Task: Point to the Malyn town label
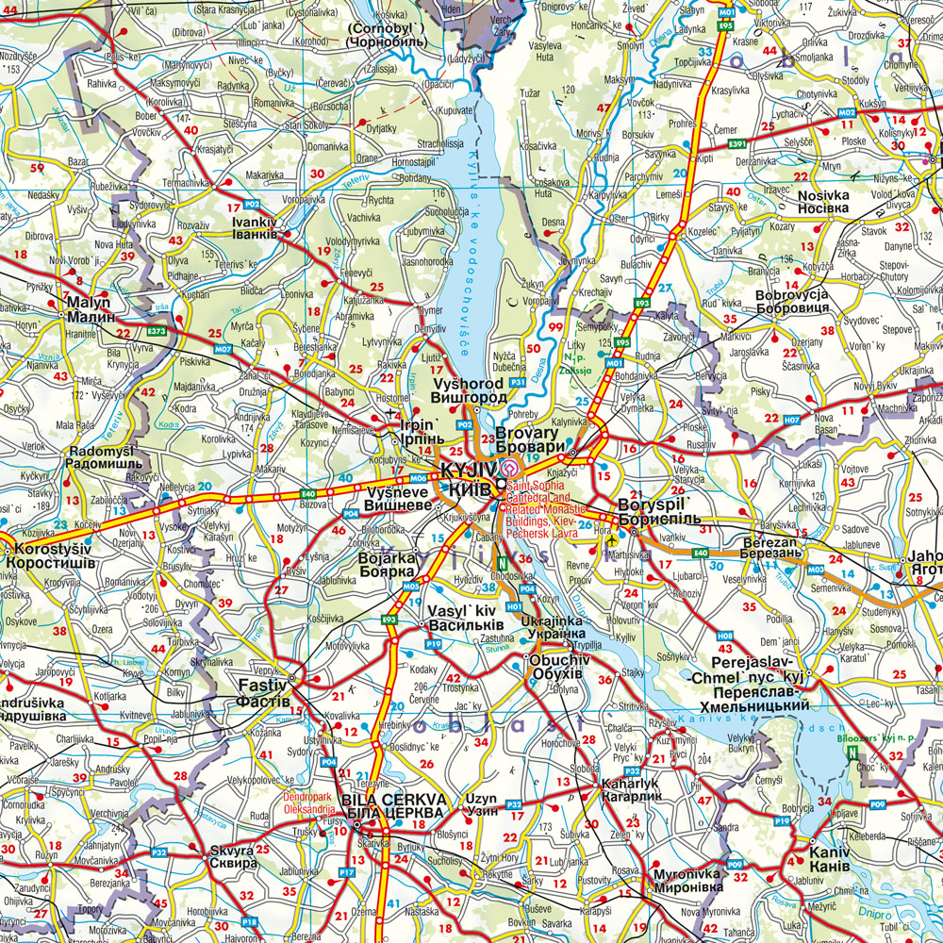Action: click(89, 310)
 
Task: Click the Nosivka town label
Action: click(823, 203)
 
